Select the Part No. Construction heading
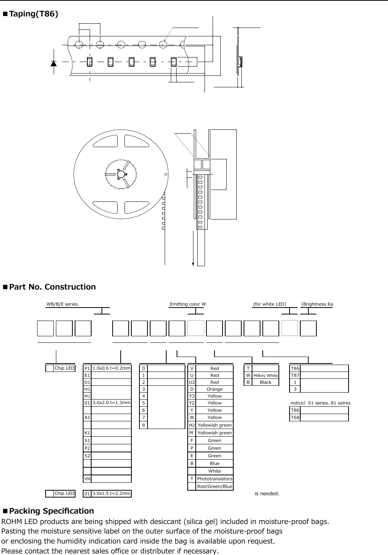[x=52, y=287]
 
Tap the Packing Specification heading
[x=51, y=511]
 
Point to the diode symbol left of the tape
[x=54, y=63]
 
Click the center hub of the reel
[x=121, y=175]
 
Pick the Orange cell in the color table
[x=214, y=389]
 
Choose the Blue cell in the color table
[x=214, y=463]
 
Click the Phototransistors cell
[x=214, y=479]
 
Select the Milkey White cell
[x=265, y=375]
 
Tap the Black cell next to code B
[x=265, y=382]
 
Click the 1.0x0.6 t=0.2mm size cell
[x=111, y=368]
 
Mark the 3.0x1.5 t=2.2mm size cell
[x=111, y=493]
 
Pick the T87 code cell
[x=295, y=375]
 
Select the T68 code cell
[x=295, y=417]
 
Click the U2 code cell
[x=192, y=382]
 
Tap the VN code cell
[x=87, y=479]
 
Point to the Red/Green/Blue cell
[x=214, y=486]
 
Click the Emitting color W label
[x=188, y=304]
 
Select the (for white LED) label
[x=270, y=304]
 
